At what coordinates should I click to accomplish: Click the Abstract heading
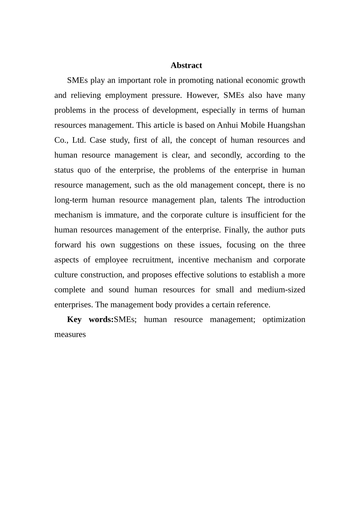(x=186, y=65)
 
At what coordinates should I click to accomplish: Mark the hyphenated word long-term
(x=71, y=200)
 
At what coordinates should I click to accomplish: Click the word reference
(x=254, y=305)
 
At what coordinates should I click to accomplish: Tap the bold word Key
(x=74, y=319)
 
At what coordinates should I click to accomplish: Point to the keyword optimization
(x=284, y=319)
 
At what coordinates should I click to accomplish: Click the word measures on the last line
(x=70, y=334)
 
